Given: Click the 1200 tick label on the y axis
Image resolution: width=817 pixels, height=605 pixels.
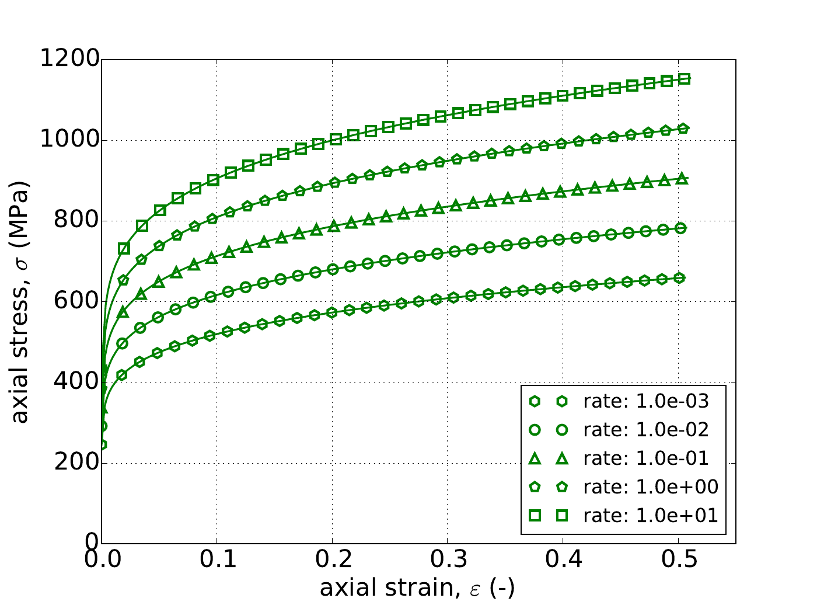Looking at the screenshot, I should tap(69, 60).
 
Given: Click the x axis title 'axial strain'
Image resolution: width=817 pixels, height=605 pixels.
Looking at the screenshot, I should tap(417, 587).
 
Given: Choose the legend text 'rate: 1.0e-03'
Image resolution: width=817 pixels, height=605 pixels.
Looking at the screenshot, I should tap(646, 401).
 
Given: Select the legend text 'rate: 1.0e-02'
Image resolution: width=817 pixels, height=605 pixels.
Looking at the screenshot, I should tap(646, 430).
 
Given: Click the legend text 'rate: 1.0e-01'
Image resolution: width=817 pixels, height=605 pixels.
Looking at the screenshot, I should tap(646, 458).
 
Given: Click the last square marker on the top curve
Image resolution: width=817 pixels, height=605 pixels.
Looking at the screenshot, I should tap(685, 79).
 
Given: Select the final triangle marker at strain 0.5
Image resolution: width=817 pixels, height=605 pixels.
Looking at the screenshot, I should tap(682, 179).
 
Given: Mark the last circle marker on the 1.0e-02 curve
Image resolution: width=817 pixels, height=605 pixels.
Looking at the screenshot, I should tap(680, 228).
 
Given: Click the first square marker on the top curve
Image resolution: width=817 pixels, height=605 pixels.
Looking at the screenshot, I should tap(124, 249).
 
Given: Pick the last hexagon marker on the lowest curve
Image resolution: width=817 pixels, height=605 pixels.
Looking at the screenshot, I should tap(679, 278).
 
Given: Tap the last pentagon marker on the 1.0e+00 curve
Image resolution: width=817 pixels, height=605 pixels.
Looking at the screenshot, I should tap(683, 128).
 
